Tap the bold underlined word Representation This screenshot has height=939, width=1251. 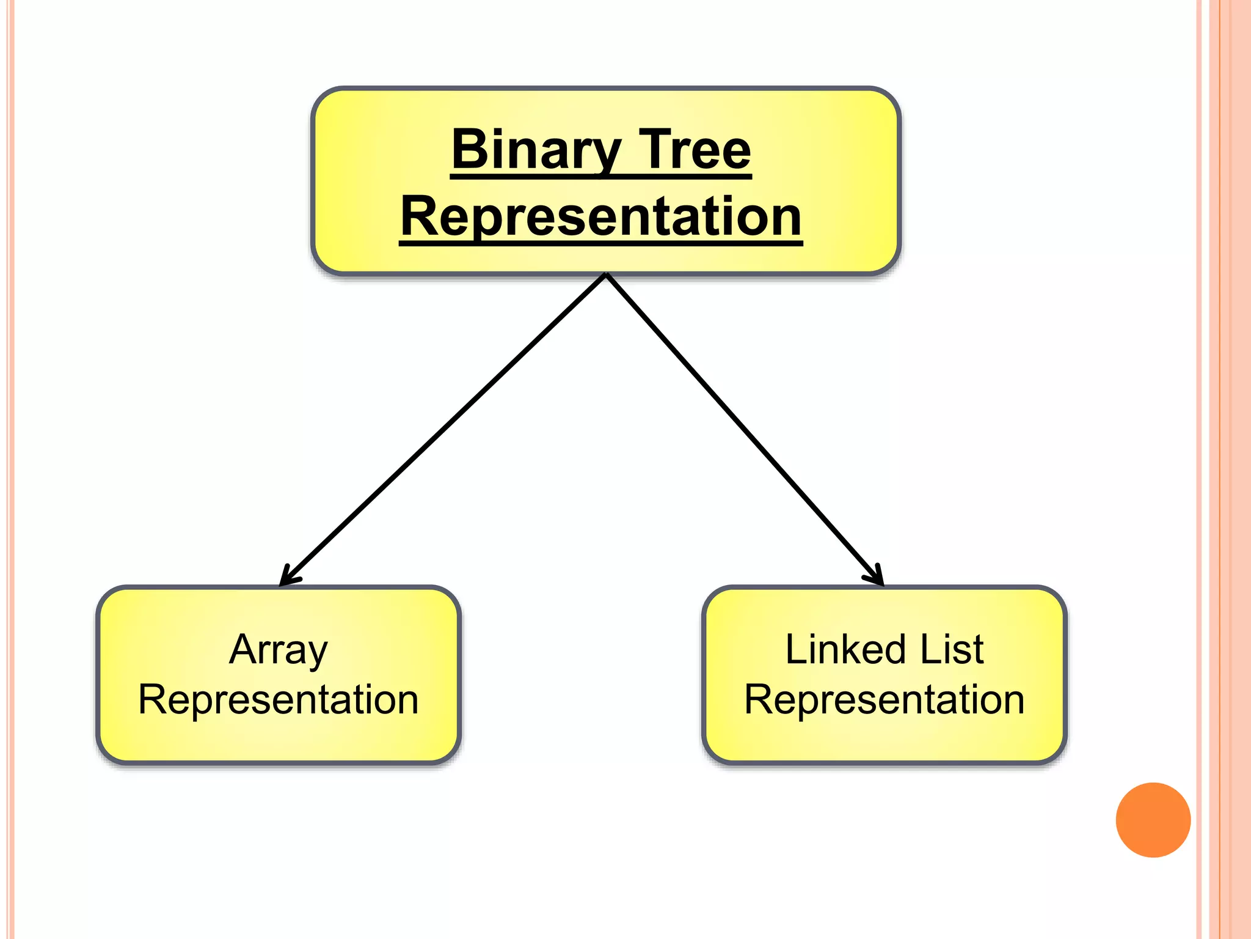601,216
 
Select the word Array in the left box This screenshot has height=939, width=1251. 279,650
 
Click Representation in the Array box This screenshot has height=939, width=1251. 279,699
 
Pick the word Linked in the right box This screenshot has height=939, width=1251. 844,649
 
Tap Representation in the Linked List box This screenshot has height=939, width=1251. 884,699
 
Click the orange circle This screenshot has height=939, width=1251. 1153,820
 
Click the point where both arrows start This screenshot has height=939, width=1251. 606,275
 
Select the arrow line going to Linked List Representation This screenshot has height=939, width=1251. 742,428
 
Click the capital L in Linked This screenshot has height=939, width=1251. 795,649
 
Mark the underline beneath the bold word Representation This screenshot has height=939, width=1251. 601,243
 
